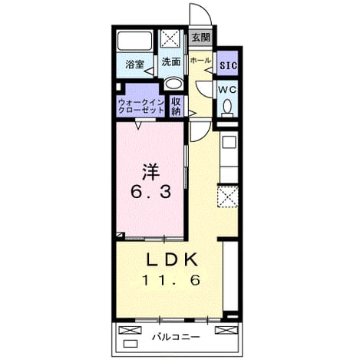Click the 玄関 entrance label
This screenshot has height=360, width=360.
pos(201,38)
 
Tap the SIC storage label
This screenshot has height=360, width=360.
pos(229,65)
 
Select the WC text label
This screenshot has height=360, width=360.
pos(227,90)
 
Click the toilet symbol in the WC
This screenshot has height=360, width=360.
pos(227,108)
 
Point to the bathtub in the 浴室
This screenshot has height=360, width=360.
pos(135,41)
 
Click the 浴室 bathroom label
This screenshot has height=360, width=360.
pos(134,64)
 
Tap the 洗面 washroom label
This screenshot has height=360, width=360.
pos(171,61)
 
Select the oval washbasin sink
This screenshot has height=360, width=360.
pos(173,84)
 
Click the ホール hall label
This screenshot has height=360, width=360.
pos(200,61)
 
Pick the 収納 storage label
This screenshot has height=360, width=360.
pos(176,106)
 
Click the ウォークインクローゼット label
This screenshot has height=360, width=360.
pos(141,107)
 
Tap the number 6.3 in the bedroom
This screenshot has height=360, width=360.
pos(150,192)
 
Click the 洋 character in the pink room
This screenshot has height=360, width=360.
pos(150,172)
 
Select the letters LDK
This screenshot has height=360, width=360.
pos(172,259)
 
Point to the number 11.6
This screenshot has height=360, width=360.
pos(170,280)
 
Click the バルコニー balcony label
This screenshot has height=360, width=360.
pos(176,337)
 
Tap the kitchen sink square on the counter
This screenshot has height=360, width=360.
pos(229,142)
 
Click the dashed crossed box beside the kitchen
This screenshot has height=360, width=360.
pos(228,197)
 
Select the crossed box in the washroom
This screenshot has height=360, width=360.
pos(170,38)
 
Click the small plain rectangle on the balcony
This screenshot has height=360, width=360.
pos(130,344)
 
